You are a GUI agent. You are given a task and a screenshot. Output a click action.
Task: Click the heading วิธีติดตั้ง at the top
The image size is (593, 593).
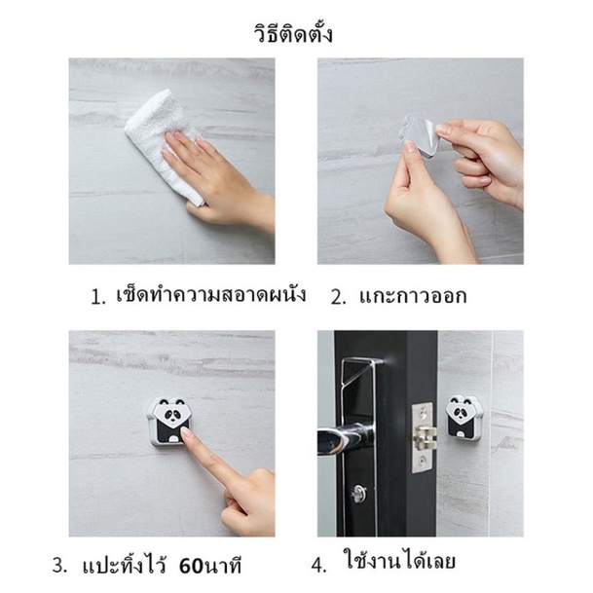[x=293, y=33]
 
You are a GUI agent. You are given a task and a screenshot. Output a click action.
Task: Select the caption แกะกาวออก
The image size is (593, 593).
[x=413, y=295]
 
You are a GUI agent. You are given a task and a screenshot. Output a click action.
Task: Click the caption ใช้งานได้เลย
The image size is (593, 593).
[x=399, y=560]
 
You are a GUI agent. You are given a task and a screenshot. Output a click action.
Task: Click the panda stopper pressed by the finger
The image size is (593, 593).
[x=169, y=421]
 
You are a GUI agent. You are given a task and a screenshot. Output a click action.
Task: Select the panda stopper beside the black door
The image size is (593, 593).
[x=463, y=417]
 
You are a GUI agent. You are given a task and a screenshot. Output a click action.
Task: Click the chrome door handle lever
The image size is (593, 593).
[x=345, y=435]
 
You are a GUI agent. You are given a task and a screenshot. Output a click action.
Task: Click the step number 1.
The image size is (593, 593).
[x=97, y=298]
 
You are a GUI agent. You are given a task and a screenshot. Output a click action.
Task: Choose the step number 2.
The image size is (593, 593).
[x=338, y=298]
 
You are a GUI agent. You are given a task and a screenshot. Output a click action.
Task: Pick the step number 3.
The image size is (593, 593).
[x=60, y=567]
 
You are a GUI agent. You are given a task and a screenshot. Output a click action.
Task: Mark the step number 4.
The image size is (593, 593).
[x=318, y=566]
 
